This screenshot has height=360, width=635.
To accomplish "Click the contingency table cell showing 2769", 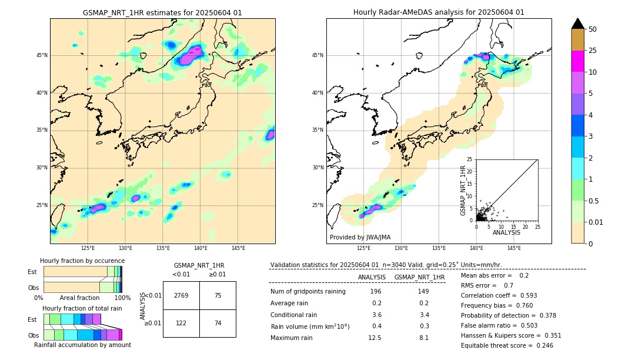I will coord(181,295).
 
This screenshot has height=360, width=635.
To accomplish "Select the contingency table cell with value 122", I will coord(181,323).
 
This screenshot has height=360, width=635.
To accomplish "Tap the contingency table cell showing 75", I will coord(218,295).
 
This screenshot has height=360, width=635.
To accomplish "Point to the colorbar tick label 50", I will coord(593,29).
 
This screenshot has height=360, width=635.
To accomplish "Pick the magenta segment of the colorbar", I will coord(577,61).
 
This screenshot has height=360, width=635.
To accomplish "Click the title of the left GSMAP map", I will coord(162,13).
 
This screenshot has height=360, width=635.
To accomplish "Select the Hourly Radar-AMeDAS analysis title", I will coord(439,12).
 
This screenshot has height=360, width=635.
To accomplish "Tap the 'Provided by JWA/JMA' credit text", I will coord(360,238).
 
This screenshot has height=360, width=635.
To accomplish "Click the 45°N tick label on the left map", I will coord(42,55).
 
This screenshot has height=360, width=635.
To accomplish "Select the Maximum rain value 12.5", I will coord(375,338).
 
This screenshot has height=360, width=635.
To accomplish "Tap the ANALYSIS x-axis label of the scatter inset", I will coord(506,232).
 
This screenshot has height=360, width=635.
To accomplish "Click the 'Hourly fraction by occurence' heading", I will coord(82,261).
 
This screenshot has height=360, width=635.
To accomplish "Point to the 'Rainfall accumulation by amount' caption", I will coord(82,345).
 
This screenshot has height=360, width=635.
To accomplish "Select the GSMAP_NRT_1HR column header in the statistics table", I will coord(419,277).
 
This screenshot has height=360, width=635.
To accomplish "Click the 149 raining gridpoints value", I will coord(423,291).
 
